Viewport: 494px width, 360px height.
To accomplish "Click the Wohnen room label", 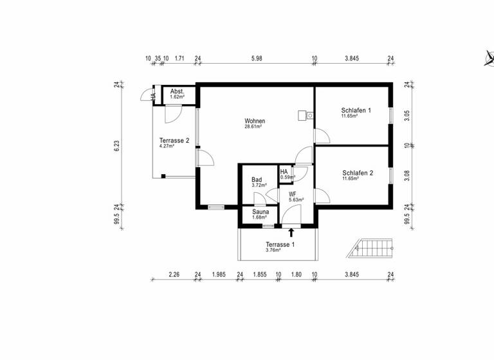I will (x=255, y=121).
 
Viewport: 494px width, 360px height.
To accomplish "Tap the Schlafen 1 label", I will (x=356, y=111).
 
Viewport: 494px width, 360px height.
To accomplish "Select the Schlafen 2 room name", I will (x=358, y=172).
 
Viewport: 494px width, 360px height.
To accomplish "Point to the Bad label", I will (x=257, y=180).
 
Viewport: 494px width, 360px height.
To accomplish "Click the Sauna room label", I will (x=261, y=211).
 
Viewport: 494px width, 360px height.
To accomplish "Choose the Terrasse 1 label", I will (x=280, y=245).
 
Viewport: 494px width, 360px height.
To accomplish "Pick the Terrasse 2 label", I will (x=174, y=141).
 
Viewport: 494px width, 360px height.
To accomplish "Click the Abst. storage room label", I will (x=178, y=92).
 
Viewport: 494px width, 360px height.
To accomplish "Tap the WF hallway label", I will (x=292, y=194).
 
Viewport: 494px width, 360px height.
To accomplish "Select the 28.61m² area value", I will (x=255, y=127).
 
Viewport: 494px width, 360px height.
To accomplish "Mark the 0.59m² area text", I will (x=288, y=177).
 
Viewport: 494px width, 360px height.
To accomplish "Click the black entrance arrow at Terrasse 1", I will (x=291, y=232).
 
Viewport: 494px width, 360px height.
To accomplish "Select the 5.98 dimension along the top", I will (x=256, y=59).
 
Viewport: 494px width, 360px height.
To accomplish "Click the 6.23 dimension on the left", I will (x=118, y=146).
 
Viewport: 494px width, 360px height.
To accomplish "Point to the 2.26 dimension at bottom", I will (x=174, y=275).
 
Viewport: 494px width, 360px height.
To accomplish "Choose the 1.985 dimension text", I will (x=219, y=275).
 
